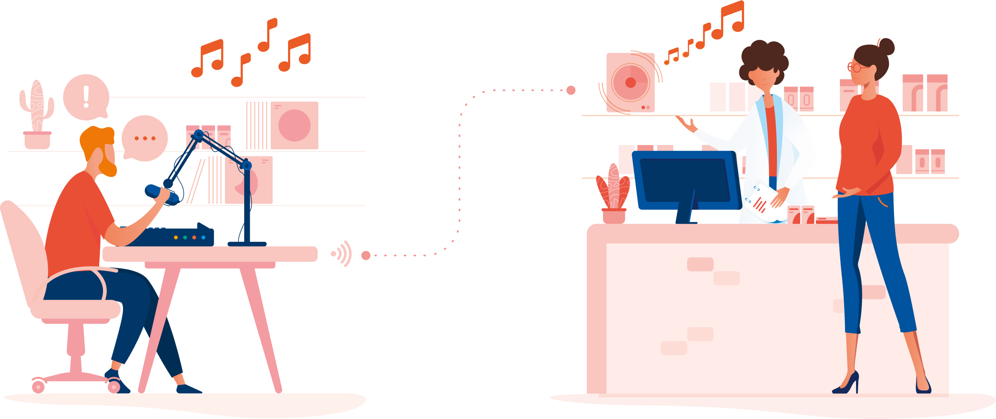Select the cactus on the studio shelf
[x=37, y=106]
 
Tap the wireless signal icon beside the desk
[x=342, y=254]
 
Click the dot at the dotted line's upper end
[x=571, y=90]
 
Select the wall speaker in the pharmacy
[x=631, y=83]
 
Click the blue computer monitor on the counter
[x=686, y=181]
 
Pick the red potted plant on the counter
[x=613, y=189]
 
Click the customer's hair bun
[x=886, y=46]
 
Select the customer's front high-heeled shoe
[x=847, y=384]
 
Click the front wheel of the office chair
[x=114, y=386]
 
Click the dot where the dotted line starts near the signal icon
[x=366, y=255]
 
